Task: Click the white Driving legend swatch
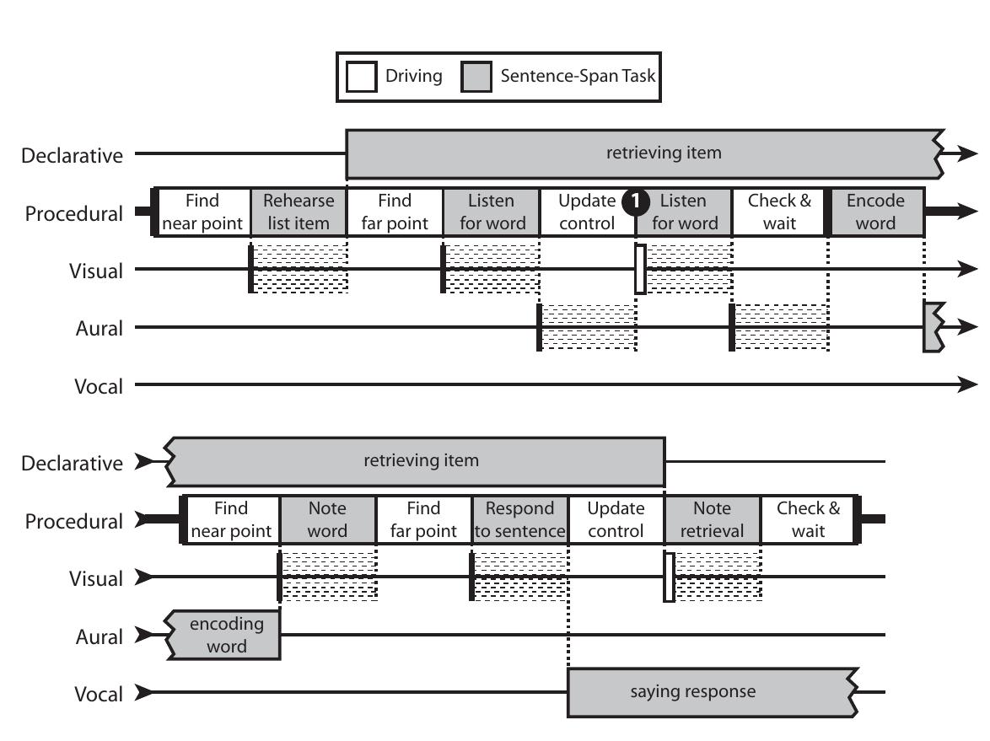(x=362, y=78)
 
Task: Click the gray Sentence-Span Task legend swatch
(x=476, y=78)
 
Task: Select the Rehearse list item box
(x=299, y=212)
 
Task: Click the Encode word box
(x=875, y=212)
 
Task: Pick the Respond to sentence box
(x=519, y=520)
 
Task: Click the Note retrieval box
(x=713, y=520)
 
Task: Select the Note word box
(x=327, y=520)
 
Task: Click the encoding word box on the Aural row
(x=226, y=636)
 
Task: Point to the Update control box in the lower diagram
(x=616, y=520)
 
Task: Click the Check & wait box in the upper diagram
(x=779, y=212)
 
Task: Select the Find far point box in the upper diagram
(x=395, y=212)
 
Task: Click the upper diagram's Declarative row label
(x=73, y=156)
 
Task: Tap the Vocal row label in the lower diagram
(x=99, y=695)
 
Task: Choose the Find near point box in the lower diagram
(x=231, y=520)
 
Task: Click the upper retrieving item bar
(x=641, y=153)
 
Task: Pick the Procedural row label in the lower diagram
(x=74, y=522)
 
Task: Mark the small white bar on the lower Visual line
(x=669, y=577)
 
